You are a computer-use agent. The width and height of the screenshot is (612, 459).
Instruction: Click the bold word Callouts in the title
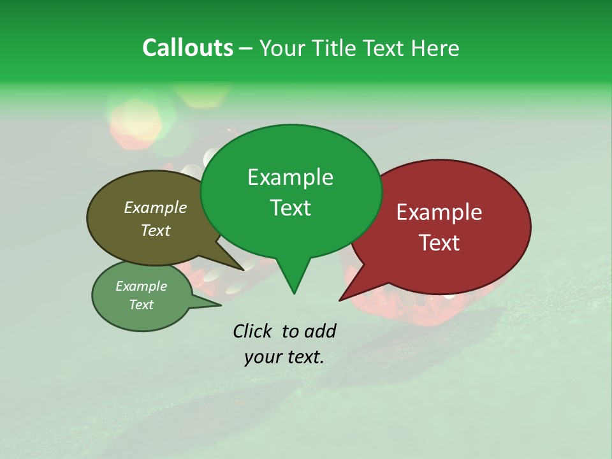(x=187, y=48)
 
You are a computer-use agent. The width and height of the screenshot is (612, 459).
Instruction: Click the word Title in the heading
(x=336, y=48)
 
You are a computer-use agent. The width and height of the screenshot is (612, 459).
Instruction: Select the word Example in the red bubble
(x=439, y=212)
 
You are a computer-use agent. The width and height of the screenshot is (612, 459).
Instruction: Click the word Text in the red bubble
(x=440, y=243)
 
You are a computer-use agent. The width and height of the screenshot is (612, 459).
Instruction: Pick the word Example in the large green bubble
(x=290, y=177)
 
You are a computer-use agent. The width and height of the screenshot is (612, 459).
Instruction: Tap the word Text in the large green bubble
(x=291, y=208)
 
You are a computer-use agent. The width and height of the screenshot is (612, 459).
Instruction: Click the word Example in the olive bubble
(x=156, y=207)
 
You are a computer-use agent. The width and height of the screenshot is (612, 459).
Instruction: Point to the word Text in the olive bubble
(x=156, y=230)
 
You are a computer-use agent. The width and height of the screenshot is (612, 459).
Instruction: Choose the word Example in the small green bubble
(x=142, y=286)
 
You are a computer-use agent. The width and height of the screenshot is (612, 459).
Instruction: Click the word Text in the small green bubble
(x=142, y=305)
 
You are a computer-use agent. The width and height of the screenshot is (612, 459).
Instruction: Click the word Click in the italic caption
(x=254, y=331)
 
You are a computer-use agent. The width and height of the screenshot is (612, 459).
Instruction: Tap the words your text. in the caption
(x=284, y=357)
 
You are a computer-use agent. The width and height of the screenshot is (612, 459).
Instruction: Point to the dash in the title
(x=246, y=48)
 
